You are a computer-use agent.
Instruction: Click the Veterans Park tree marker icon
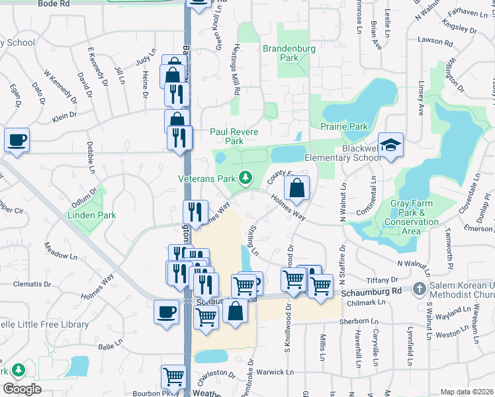point(246,177)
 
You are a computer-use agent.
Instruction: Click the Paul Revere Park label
point(227,136)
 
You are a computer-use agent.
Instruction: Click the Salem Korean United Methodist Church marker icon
point(419,288)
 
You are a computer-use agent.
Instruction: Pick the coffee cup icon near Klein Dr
point(17,140)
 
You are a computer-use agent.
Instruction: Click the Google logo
point(21,389)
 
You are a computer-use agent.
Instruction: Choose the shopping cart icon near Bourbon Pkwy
point(173,376)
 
